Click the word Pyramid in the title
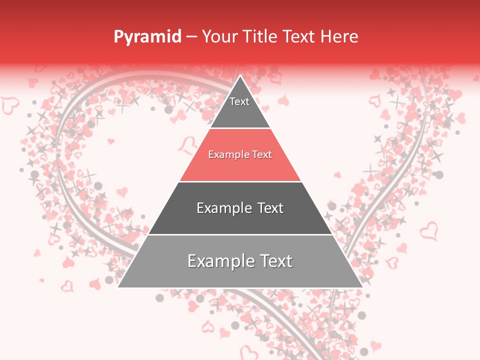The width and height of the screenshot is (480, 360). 147,37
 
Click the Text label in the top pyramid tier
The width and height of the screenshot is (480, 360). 239,101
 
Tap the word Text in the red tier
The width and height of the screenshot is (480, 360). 262,155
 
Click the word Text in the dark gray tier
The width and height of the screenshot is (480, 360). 270,208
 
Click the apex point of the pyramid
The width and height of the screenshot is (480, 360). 240,75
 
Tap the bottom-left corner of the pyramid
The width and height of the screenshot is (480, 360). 118,287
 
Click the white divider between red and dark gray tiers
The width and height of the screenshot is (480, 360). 240,181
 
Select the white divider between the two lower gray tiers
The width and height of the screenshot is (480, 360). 240,234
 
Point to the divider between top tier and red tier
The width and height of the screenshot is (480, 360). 240,128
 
